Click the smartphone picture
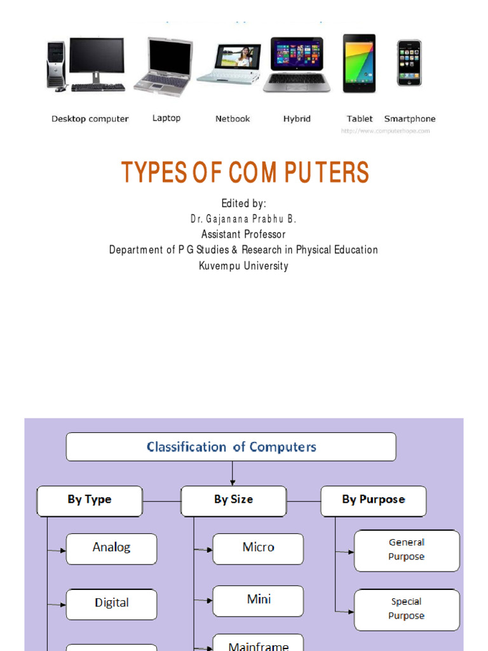(409, 63)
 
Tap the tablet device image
(359, 63)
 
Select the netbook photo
(229, 64)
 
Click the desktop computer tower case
(56, 64)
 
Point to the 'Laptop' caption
(166, 118)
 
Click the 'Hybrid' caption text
(297, 119)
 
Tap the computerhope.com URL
(385, 131)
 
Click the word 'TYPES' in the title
(147, 173)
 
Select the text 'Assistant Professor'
(243, 234)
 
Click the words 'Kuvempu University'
(243, 266)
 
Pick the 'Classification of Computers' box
(231, 447)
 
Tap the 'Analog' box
(112, 548)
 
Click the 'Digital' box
(112, 603)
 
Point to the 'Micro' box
(258, 548)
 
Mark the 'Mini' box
(258, 600)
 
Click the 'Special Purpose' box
(407, 609)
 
